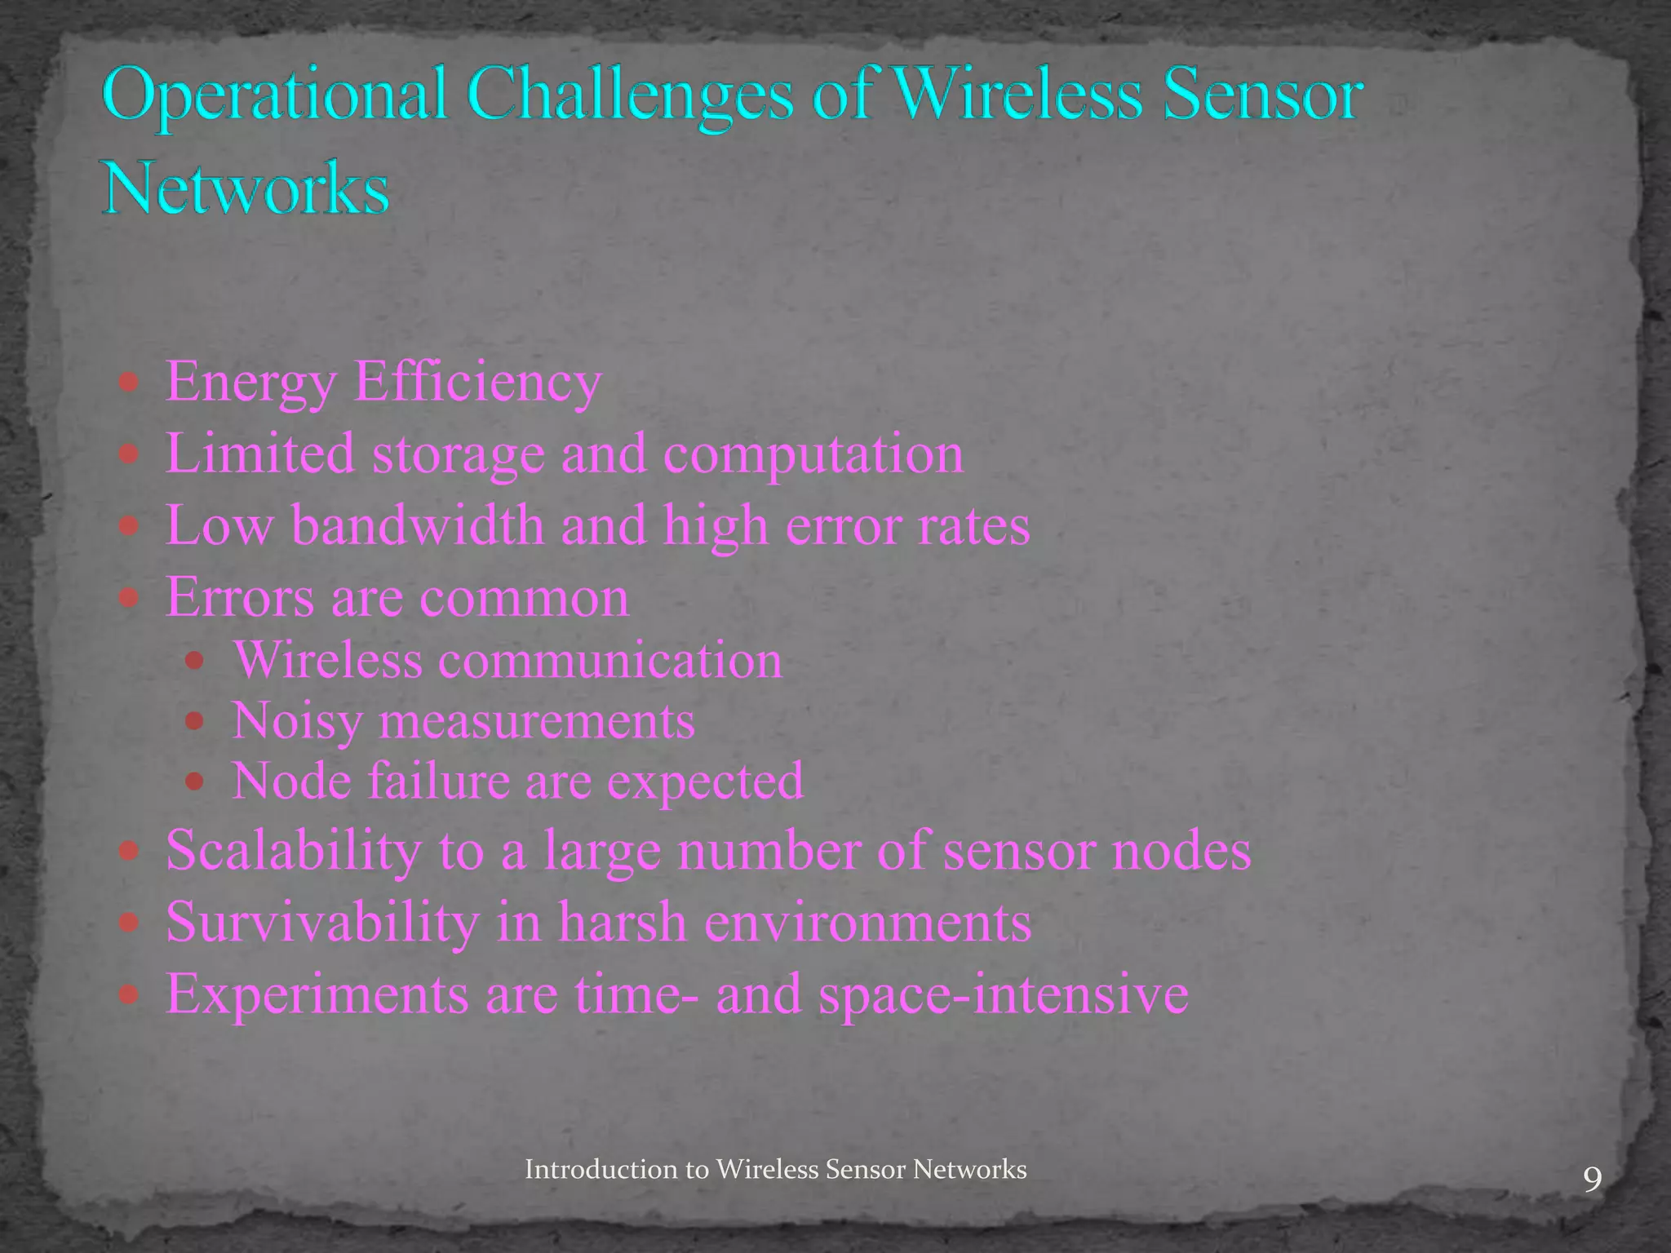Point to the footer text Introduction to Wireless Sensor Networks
click(775, 1169)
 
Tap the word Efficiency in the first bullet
click(477, 382)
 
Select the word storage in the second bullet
click(458, 454)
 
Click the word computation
click(813, 454)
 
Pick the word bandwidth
click(418, 525)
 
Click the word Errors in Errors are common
click(240, 597)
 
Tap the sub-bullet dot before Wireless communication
click(194, 660)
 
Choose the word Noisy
click(297, 721)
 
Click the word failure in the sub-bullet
click(438, 781)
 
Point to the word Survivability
click(322, 922)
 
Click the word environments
click(867, 922)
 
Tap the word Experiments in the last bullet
click(317, 994)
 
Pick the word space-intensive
click(1004, 994)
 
